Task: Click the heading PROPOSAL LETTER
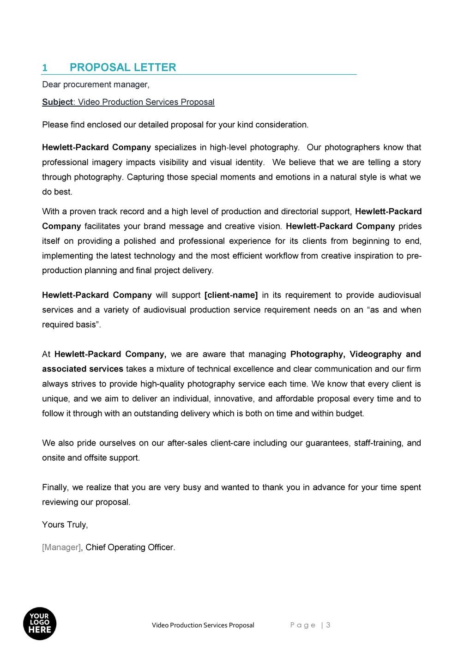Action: (x=123, y=67)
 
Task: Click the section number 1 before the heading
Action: (x=45, y=68)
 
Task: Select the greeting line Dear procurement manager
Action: (x=96, y=84)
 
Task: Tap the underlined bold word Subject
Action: (x=57, y=102)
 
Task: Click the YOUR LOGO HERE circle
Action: (x=40, y=623)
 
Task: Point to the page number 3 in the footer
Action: (x=328, y=625)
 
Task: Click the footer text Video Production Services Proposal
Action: (x=203, y=626)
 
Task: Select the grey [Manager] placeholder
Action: (x=61, y=548)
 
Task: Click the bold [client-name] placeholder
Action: (x=231, y=295)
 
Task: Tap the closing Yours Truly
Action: (x=65, y=525)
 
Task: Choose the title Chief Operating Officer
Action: (x=130, y=548)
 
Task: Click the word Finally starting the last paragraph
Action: (x=55, y=487)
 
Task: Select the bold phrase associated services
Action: (x=82, y=369)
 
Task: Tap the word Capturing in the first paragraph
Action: (x=145, y=177)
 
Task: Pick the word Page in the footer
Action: (x=303, y=625)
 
